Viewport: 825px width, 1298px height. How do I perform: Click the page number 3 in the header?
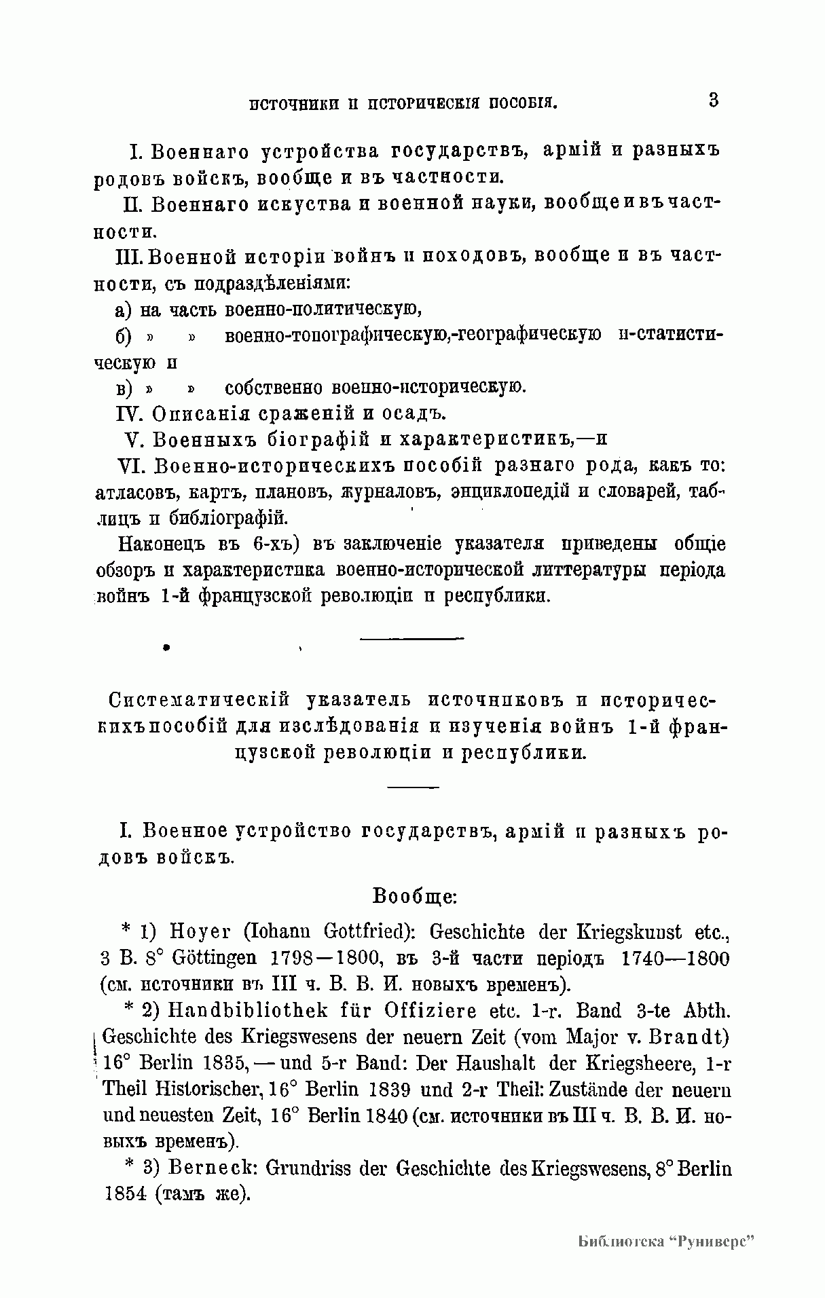(713, 100)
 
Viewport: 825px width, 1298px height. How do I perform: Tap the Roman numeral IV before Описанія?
(130, 413)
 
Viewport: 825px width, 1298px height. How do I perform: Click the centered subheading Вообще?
(415, 895)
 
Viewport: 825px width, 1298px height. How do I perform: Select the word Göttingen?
(214, 959)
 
